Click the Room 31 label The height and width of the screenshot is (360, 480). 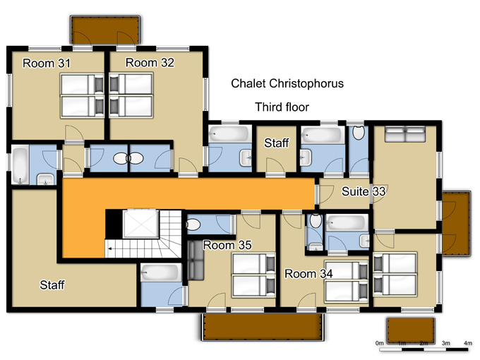pos(47,64)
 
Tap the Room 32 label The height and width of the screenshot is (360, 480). pos(150,63)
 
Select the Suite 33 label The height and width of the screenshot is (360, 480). pos(364,191)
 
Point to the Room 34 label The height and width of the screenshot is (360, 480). pos(308,273)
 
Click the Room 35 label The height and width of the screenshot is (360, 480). pos(227,245)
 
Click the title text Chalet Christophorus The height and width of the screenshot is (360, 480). pos(287,83)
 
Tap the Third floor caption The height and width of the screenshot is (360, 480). pos(282,107)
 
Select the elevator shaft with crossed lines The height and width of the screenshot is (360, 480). pos(140,224)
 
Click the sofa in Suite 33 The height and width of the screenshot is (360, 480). pos(405,134)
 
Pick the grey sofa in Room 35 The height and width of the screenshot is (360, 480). pos(196,260)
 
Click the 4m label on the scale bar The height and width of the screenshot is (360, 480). pos(468,343)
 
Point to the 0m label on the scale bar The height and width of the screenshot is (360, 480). pos(379,343)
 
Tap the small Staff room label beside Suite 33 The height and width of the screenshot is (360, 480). pos(277,143)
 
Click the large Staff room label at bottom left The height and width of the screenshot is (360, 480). pos(52,285)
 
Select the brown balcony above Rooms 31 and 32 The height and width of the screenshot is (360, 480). pos(105,30)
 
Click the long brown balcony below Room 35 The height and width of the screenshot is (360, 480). pos(263,327)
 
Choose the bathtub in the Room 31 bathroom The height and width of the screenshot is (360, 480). pos(20,165)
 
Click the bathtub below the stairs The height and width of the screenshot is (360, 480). pos(161,272)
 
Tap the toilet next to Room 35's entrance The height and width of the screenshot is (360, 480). pos(193,225)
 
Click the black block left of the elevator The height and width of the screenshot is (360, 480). pos(114,224)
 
